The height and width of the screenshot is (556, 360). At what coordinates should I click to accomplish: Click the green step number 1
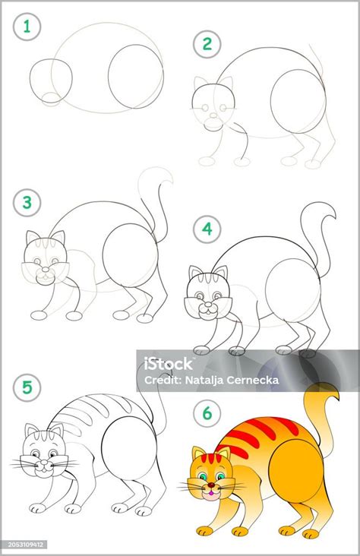27,27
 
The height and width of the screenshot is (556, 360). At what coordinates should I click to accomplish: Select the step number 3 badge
27,203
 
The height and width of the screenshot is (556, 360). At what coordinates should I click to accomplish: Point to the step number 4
207,229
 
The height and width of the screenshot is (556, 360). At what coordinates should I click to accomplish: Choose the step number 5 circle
27,387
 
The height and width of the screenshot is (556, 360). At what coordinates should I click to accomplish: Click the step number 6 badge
207,413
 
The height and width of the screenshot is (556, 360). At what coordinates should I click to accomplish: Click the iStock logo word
168,364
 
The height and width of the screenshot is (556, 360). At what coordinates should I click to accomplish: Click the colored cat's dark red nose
210,485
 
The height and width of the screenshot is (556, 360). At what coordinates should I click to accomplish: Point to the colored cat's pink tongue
210,493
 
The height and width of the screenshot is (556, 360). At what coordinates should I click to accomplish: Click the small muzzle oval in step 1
51,99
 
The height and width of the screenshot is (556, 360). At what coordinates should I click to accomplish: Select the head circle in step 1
51,81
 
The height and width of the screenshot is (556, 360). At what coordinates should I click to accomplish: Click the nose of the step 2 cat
213,115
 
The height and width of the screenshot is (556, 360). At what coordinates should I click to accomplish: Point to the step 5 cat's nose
44,463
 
